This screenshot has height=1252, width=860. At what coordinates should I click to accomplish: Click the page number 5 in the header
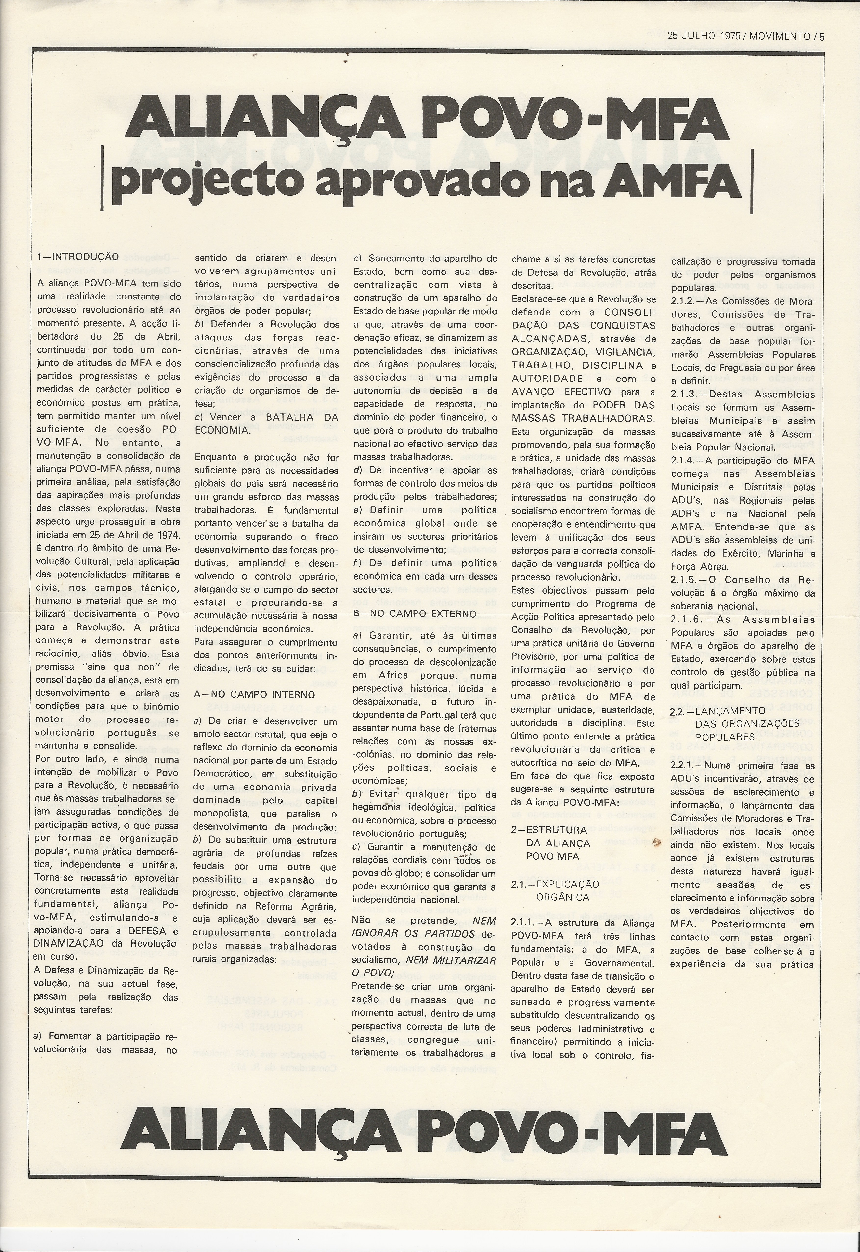coord(822,37)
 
